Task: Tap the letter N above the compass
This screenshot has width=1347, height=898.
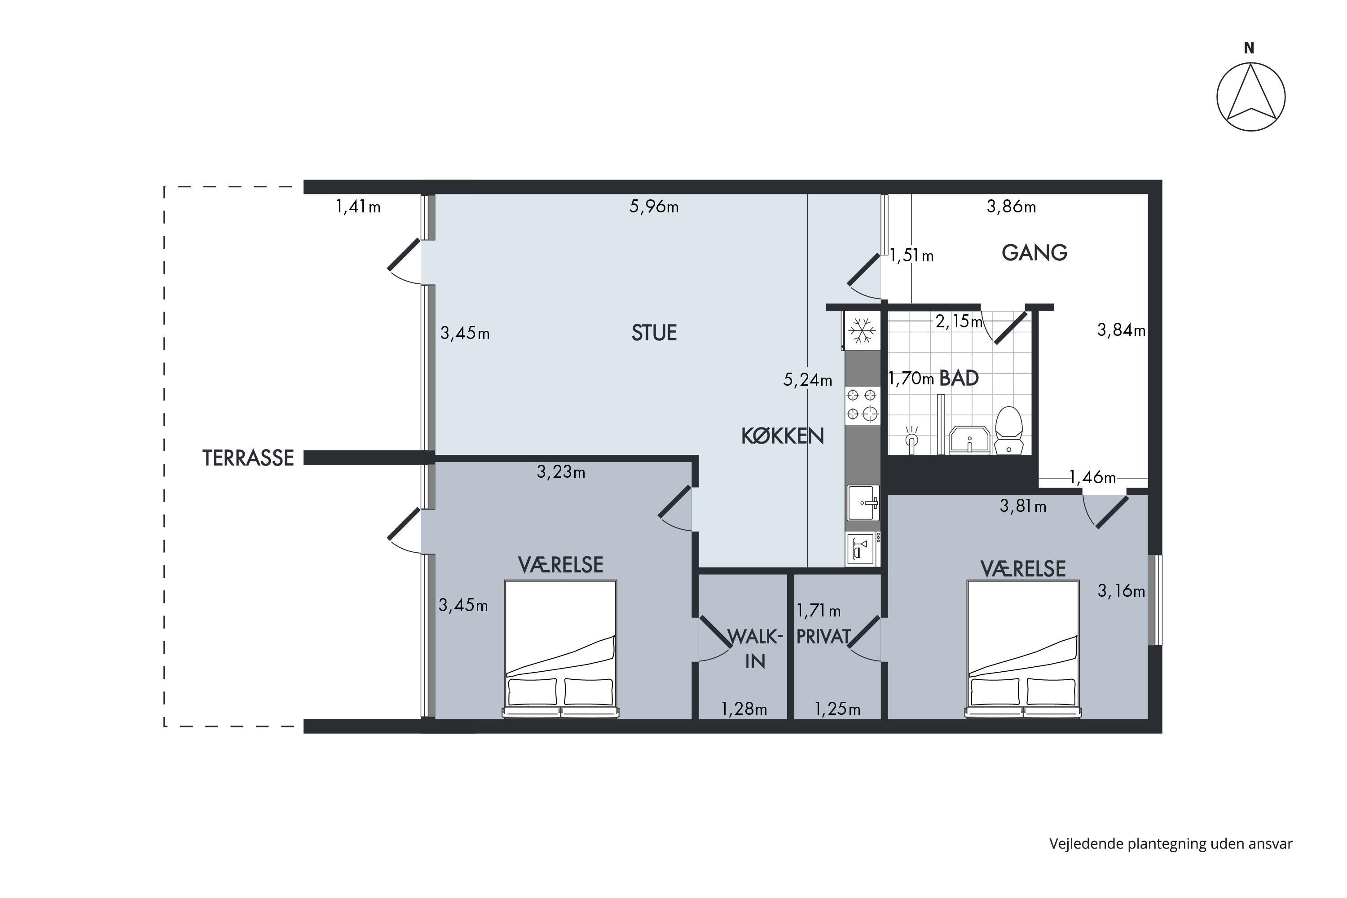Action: point(1249,48)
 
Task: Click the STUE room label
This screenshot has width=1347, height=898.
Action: point(654,333)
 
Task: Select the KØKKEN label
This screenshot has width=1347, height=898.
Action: point(782,436)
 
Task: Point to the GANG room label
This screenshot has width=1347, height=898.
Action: point(1034,252)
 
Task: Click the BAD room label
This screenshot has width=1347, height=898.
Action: point(959,378)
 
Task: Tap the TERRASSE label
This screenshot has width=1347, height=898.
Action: point(248,458)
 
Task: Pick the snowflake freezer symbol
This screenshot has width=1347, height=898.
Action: point(862,330)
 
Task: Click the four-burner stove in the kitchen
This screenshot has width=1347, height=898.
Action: point(863,405)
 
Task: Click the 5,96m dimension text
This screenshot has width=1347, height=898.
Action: point(654,206)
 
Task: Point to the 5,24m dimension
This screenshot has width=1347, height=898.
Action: point(807,380)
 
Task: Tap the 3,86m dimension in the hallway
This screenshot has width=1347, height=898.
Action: point(1012,206)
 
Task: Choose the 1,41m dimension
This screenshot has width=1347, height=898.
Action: point(358,206)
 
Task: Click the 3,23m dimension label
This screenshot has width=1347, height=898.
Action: point(561,472)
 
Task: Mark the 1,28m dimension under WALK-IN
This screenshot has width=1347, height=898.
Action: point(744,709)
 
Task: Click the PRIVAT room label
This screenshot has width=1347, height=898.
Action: point(823,637)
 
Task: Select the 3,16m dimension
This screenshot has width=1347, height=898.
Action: point(1121,591)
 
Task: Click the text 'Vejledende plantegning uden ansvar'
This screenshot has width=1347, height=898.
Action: point(1171,844)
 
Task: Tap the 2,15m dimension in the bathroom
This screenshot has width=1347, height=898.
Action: point(959,322)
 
